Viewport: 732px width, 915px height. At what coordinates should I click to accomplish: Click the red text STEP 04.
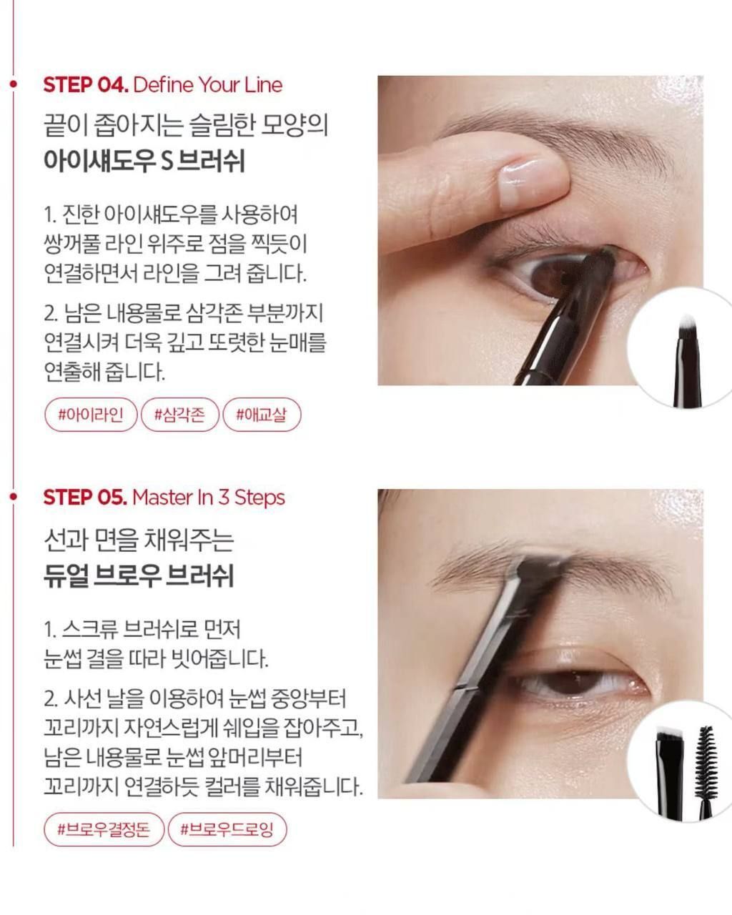(86, 84)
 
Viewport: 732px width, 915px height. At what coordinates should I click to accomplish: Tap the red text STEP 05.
(85, 497)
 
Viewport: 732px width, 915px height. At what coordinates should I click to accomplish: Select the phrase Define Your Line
(208, 84)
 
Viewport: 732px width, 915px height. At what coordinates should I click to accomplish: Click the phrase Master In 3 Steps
(209, 497)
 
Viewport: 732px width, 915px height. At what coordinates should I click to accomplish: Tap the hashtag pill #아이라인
(91, 415)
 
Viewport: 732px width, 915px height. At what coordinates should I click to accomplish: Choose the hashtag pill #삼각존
(180, 415)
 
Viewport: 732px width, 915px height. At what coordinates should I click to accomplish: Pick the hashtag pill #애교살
(262, 415)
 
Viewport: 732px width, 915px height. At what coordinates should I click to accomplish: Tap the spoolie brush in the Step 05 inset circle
(705, 772)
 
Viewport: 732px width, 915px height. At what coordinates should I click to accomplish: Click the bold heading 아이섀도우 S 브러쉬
(144, 161)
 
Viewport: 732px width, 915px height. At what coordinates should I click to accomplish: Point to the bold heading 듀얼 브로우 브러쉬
(139, 575)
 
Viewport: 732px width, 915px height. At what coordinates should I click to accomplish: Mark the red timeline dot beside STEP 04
(14, 84)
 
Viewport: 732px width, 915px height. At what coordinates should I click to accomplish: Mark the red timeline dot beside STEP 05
(14, 496)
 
